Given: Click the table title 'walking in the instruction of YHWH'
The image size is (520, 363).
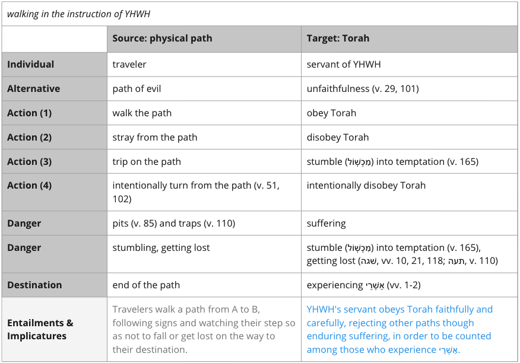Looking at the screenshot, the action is pyautogui.click(x=78, y=14).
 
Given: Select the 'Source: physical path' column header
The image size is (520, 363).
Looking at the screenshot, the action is pyautogui.click(x=162, y=39).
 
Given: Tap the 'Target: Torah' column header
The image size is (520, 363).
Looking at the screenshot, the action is pyautogui.click(x=338, y=39).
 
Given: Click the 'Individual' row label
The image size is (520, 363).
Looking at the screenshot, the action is pyautogui.click(x=30, y=64).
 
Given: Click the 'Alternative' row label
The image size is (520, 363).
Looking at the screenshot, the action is pyautogui.click(x=33, y=89).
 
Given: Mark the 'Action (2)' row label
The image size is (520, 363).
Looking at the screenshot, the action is pyautogui.click(x=30, y=137).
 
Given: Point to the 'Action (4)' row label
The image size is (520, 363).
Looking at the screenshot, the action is pyautogui.click(x=30, y=185).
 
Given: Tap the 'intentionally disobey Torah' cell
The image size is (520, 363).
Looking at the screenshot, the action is pyautogui.click(x=366, y=185).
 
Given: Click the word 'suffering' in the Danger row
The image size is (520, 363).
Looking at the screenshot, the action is pyautogui.click(x=326, y=224).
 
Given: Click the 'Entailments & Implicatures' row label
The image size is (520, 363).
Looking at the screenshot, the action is pyautogui.click(x=40, y=330).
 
